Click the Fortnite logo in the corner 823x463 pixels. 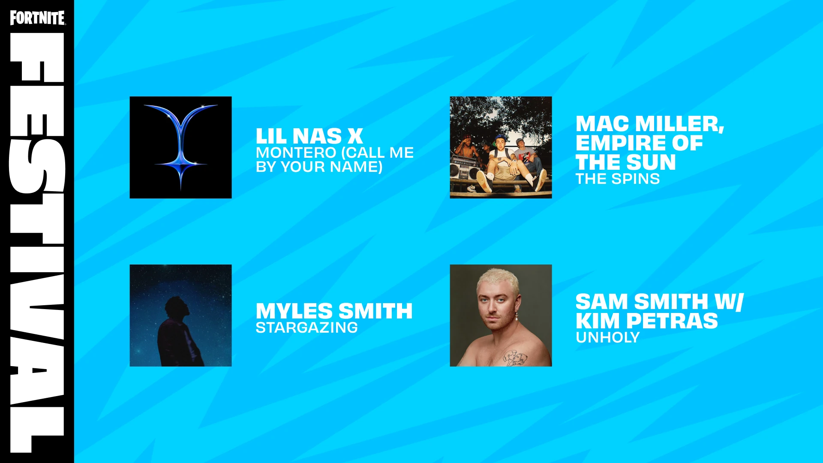click(38, 18)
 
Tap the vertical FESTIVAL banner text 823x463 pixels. click(37, 242)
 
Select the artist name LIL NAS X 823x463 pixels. click(309, 136)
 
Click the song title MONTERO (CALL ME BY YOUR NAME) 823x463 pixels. click(334, 159)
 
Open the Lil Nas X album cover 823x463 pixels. click(180, 147)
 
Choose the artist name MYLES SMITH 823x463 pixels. click(334, 311)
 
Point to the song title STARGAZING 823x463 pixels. click(306, 328)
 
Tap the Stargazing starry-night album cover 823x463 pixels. click(180, 316)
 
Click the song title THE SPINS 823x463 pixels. click(617, 179)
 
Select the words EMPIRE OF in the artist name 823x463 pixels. click(639, 143)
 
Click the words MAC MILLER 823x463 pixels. click(650, 124)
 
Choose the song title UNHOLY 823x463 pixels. click(607, 337)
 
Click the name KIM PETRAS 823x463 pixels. click(646, 321)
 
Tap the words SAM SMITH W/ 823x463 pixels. click(660, 302)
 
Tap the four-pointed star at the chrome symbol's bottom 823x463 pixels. click(181, 165)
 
